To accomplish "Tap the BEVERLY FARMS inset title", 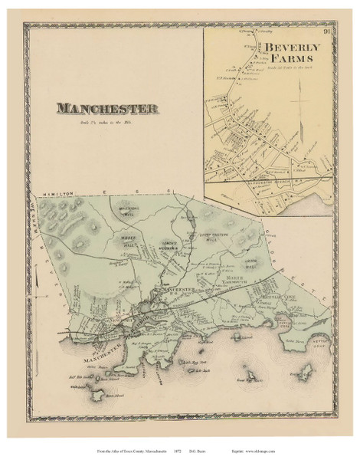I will (295, 53).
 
